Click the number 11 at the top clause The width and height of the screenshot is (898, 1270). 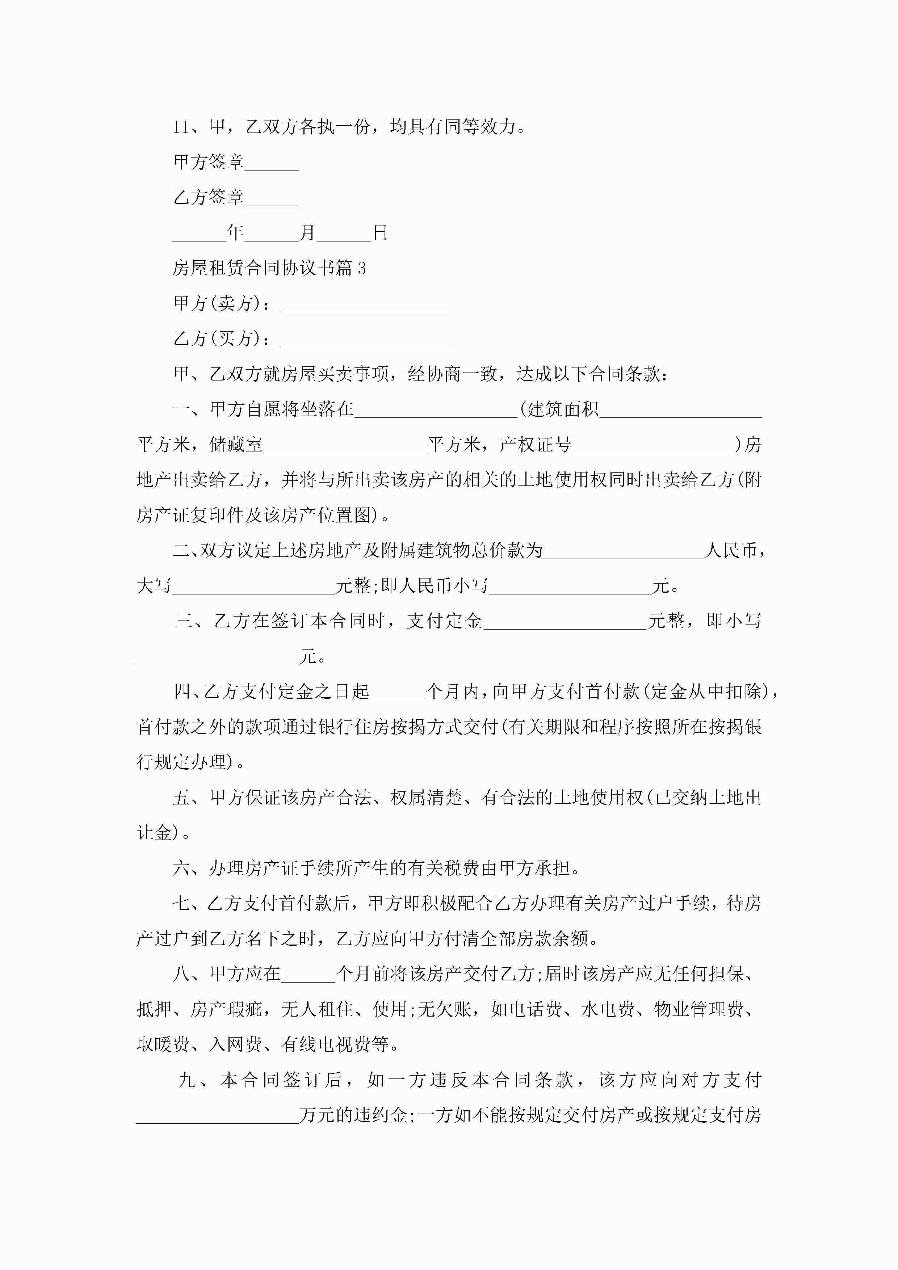(181, 127)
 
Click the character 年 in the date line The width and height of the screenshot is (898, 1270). (235, 233)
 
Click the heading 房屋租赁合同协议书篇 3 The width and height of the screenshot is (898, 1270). (269, 268)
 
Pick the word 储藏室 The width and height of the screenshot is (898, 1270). (236, 445)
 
